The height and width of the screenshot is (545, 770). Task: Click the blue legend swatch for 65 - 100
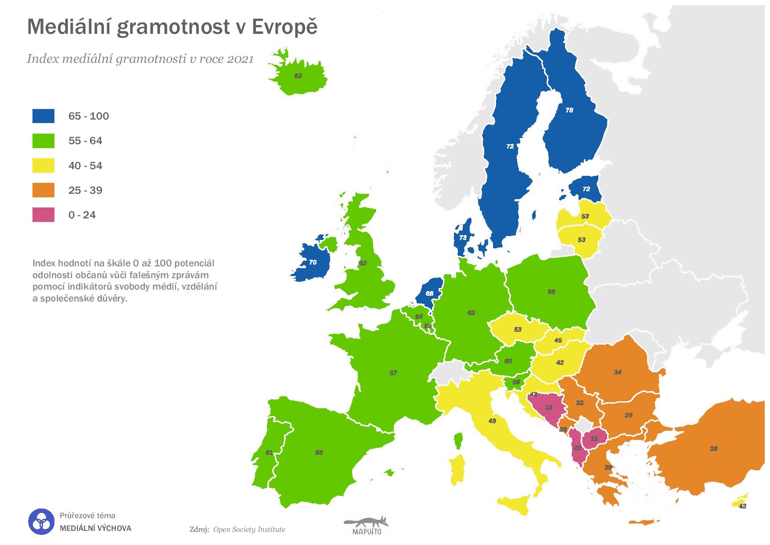(43, 116)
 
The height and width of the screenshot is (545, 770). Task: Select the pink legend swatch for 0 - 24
(43, 215)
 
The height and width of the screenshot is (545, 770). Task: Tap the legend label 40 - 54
(85, 166)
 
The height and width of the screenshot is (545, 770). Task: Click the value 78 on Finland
(569, 110)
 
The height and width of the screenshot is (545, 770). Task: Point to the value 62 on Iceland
(298, 76)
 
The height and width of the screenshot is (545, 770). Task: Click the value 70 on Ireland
(313, 262)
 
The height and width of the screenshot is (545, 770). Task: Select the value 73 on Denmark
(463, 237)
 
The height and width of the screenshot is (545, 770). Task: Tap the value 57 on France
(393, 373)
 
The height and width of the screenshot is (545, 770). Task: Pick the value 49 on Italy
(492, 421)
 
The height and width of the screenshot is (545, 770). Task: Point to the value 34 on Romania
(618, 372)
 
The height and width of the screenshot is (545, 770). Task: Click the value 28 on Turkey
(714, 448)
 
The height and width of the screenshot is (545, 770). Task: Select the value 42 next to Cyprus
(742, 506)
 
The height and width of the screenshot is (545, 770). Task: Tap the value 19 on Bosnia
(549, 407)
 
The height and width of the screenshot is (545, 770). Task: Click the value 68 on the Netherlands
(429, 293)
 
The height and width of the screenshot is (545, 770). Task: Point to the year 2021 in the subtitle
(240, 59)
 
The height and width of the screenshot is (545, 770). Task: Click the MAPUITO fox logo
(366, 525)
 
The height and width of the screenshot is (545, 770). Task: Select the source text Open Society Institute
(249, 529)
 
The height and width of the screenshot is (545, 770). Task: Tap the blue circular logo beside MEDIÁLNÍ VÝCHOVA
(41, 522)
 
